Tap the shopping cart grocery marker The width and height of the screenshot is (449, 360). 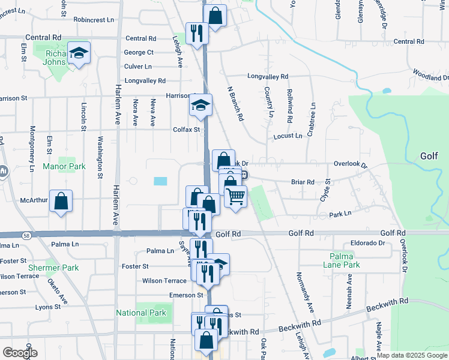click(236, 196)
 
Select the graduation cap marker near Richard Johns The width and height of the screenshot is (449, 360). click(79, 53)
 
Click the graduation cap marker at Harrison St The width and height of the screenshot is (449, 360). click(201, 105)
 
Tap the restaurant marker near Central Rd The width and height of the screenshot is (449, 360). click(196, 34)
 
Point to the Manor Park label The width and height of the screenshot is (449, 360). click(64, 166)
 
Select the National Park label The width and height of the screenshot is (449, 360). click(141, 313)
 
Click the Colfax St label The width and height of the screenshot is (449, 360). click(186, 129)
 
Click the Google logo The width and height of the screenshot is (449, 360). click(20, 352)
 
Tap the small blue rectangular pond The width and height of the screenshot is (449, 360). click(160, 181)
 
